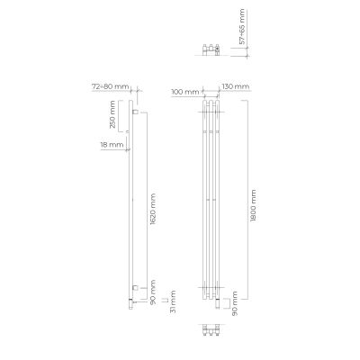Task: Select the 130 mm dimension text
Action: pos(234,87)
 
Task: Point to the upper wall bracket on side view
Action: pos(135,114)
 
